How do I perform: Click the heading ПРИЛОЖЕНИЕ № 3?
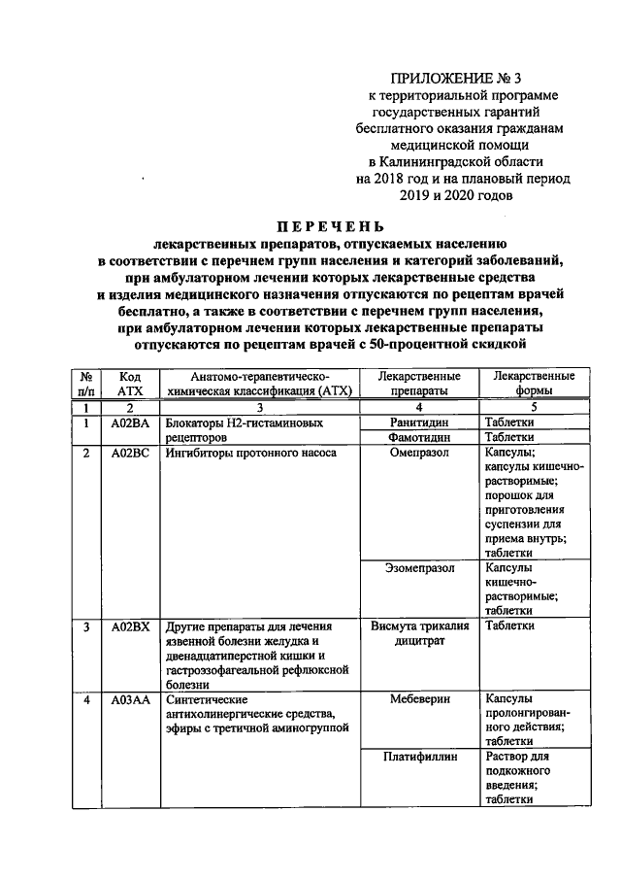[449, 78]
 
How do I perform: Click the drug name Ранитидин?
[420, 423]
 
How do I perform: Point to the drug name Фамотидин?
[420, 438]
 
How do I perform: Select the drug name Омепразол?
[420, 452]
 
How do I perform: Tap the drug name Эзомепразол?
[420, 567]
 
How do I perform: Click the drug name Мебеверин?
[420, 699]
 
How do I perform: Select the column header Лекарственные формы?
[534, 383]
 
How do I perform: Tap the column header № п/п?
[86, 383]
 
